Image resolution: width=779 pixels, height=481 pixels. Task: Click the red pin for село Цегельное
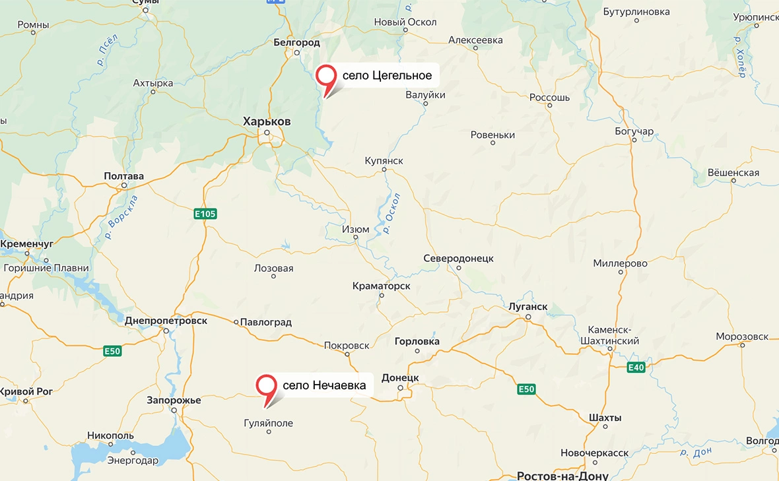coord(326,76)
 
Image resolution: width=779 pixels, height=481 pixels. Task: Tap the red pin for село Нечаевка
coord(267,385)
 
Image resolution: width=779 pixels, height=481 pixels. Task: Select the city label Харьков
coord(267,121)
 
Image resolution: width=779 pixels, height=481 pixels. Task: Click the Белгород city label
coord(296,43)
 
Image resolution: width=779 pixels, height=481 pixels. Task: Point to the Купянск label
coord(384,161)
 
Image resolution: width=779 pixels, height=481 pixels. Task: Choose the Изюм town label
coord(355,230)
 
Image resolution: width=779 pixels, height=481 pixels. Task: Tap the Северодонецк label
coord(458,259)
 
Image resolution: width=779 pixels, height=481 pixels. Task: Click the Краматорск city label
coord(381,286)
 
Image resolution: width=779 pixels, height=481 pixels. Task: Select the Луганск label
coord(528,307)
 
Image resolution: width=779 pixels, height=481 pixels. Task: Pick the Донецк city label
coord(400,377)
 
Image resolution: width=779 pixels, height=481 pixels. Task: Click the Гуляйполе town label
coord(268,424)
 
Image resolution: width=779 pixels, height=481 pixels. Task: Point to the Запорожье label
coord(174,401)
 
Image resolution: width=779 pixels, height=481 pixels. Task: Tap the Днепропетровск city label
coord(166,321)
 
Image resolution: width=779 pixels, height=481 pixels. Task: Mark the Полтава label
coord(123,176)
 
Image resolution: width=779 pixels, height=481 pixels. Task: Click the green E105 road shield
coord(205,214)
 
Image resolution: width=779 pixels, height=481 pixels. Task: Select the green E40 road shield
coord(636,368)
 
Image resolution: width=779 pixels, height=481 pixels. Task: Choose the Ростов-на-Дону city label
coord(553,476)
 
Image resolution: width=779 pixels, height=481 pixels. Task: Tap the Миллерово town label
coord(620,263)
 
